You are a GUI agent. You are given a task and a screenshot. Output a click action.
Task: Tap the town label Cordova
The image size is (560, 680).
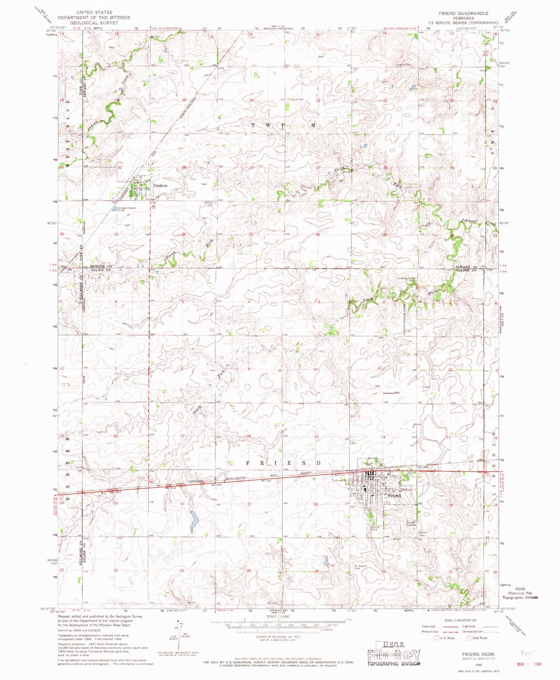pyautogui.click(x=160, y=185)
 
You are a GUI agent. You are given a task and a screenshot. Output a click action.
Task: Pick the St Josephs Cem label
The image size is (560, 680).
pyautogui.click(x=360, y=567)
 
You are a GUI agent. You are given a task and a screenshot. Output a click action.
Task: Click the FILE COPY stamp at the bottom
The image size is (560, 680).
pyautogui.click(x=394, y=655)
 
